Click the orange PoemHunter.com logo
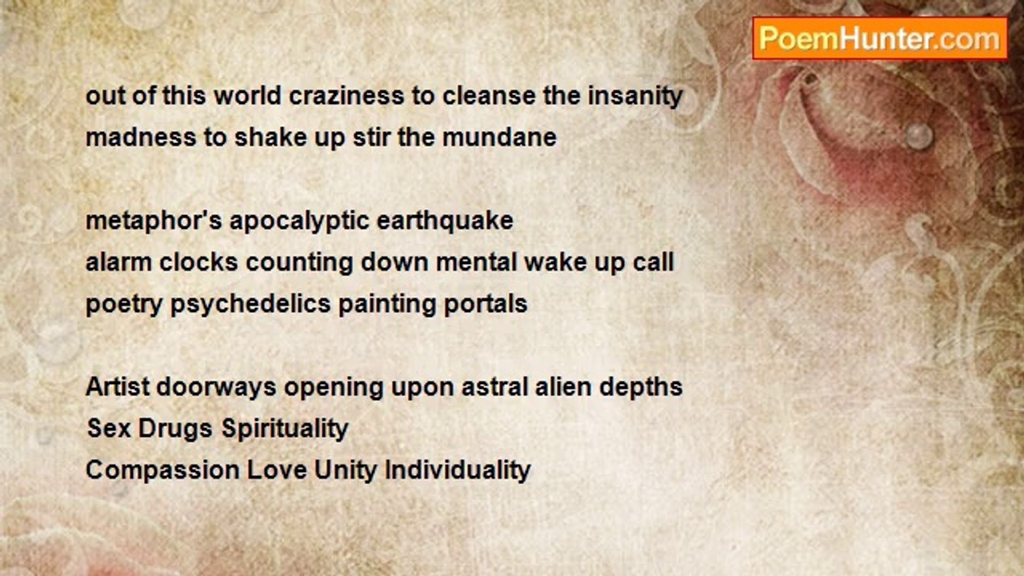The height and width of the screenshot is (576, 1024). coord(880,39)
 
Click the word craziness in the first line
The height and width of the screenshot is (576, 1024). coord(346,96)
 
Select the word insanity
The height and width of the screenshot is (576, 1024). coord(635,97)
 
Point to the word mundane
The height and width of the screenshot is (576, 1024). coord(499,137)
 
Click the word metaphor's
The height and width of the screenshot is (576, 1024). coord(154,222)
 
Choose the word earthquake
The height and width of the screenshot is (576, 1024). coord(445,222)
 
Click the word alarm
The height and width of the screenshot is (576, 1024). coord(119,262)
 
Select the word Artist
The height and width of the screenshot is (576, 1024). coord(118,386)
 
